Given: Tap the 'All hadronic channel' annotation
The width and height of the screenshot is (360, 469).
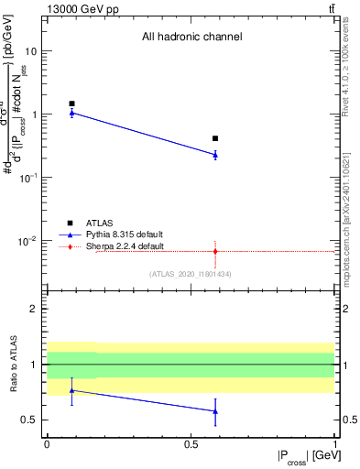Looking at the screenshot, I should coord(191,38).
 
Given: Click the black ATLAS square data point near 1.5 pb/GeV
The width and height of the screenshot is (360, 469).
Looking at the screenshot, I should coord(71,104).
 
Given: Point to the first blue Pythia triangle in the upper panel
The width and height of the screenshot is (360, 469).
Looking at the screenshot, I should coord(71,113).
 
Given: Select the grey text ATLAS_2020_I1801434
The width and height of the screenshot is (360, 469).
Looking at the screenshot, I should coord(191,274).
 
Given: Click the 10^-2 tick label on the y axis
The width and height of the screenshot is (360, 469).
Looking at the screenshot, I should coord(31,241).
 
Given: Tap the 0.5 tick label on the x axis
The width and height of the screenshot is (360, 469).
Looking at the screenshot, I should coord(191,444).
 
